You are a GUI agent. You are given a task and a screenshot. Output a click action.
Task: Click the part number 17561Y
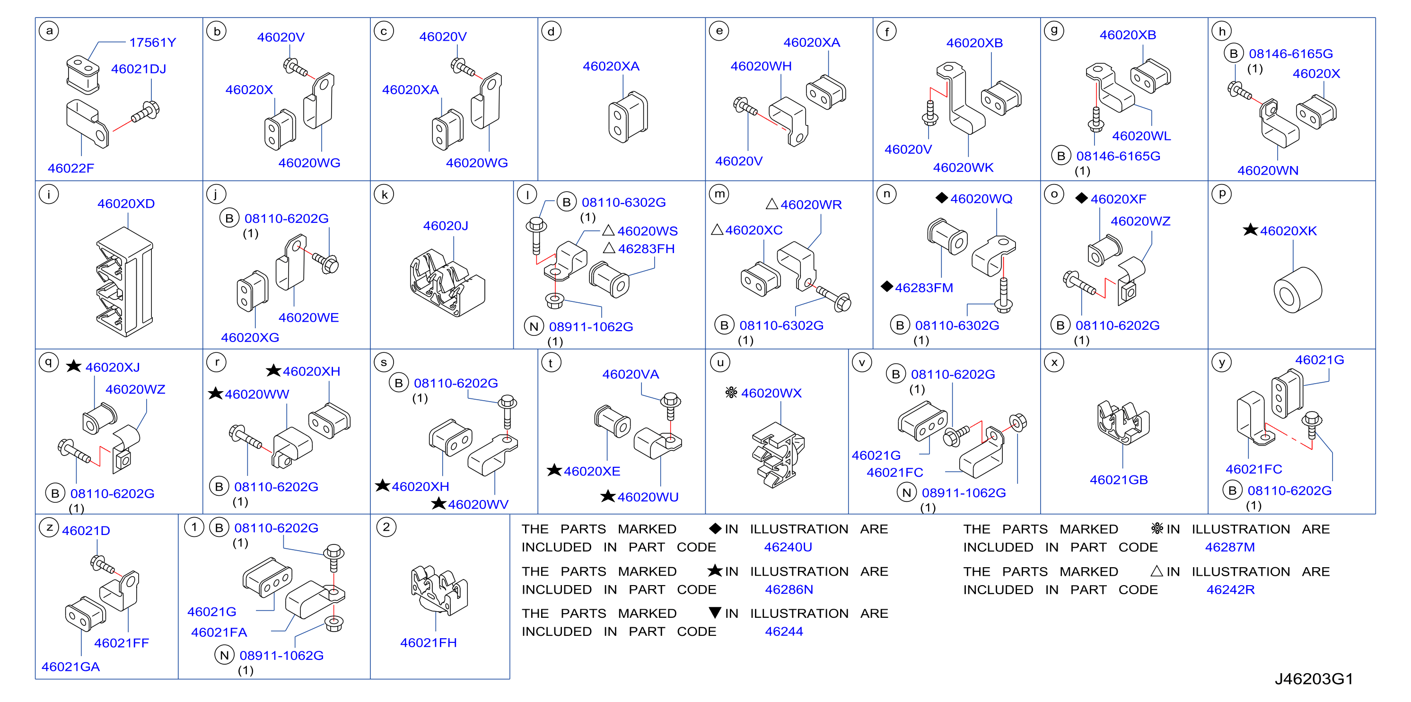152,43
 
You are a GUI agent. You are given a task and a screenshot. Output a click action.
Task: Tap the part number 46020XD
126,204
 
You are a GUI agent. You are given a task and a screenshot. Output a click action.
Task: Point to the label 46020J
445,226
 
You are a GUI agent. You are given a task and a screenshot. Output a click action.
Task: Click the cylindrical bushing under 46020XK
1297,289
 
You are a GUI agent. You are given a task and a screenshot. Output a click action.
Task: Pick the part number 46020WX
771,393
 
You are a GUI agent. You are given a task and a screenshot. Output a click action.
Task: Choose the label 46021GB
1119,480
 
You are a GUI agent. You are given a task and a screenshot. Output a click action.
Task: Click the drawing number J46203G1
1314,679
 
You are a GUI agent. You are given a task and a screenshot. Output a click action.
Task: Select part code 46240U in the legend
788,547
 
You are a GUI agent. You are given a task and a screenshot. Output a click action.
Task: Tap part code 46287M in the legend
1230,547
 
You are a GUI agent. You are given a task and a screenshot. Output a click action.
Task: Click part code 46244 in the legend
784,632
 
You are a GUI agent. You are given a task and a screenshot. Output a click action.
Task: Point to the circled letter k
384,194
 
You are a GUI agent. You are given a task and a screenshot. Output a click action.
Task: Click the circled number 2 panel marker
386,527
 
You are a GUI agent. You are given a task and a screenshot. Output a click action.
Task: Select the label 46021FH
429,643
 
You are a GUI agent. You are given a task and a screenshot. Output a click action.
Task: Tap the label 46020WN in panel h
1268,170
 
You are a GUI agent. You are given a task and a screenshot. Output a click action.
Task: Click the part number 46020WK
963,167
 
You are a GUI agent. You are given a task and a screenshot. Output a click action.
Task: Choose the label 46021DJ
139,69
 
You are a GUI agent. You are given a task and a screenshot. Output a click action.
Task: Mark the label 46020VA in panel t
631,375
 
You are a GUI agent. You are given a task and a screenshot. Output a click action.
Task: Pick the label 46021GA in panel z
70,667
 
